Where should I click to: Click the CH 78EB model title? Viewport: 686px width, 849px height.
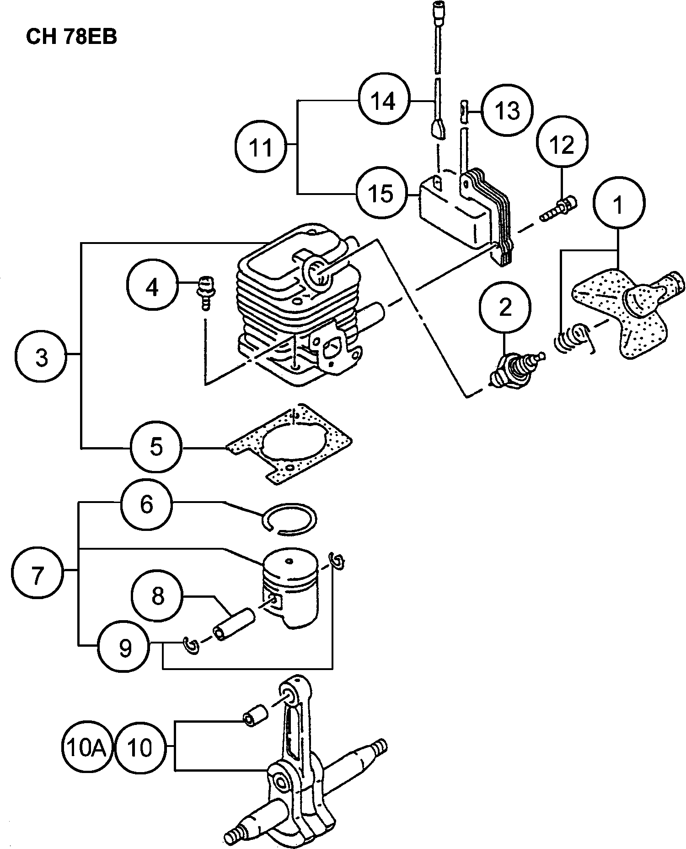point(71,37)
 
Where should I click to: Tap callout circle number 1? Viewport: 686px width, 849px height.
point(619,205)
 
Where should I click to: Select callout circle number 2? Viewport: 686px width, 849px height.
point(505,308)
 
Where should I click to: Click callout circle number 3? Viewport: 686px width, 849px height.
point(41,357)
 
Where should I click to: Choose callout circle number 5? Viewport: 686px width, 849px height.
point(156,446)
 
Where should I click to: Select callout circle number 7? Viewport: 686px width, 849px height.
point(37,575)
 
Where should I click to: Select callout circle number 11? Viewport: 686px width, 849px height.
point(261,147)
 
